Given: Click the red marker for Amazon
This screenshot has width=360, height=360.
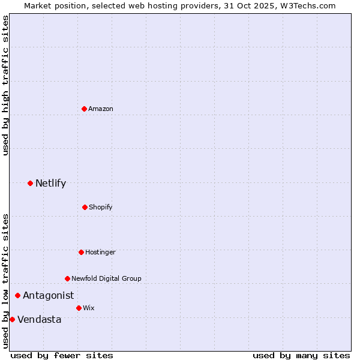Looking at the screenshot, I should pos(85,109).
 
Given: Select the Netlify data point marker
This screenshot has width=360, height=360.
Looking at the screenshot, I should pos(31,183).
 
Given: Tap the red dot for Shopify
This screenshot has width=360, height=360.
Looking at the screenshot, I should pos(85,207).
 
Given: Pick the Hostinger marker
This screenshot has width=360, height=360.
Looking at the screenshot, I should pos(81,252).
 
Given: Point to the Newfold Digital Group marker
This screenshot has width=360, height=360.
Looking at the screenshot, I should pos(67,278).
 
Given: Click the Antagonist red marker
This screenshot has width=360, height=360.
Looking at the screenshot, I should pos(18,295).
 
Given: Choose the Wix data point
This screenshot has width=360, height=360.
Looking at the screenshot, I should pos(79,308).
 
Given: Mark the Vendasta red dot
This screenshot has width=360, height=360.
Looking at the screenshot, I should pos(12,319).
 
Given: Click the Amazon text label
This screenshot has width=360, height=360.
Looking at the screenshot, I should pos(101,109).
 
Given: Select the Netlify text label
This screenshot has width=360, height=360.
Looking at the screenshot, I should pos(50,183).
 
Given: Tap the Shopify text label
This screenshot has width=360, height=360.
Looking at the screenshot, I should pos(101,207).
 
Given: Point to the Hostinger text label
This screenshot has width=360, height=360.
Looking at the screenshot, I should pos(100,252).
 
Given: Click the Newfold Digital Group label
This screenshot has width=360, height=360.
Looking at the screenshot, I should pos(106,278).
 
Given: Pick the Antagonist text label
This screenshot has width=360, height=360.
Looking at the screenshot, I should pos(49,295).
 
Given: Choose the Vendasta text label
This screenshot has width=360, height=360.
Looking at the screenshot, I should pos(40,319).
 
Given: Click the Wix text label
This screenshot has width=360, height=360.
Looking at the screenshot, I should pos(89,308).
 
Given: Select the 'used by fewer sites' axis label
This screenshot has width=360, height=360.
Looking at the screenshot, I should pos(62,355).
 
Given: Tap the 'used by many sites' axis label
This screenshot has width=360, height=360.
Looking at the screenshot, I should pos(301,355).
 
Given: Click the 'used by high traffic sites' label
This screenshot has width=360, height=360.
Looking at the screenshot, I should pos(5,85).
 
